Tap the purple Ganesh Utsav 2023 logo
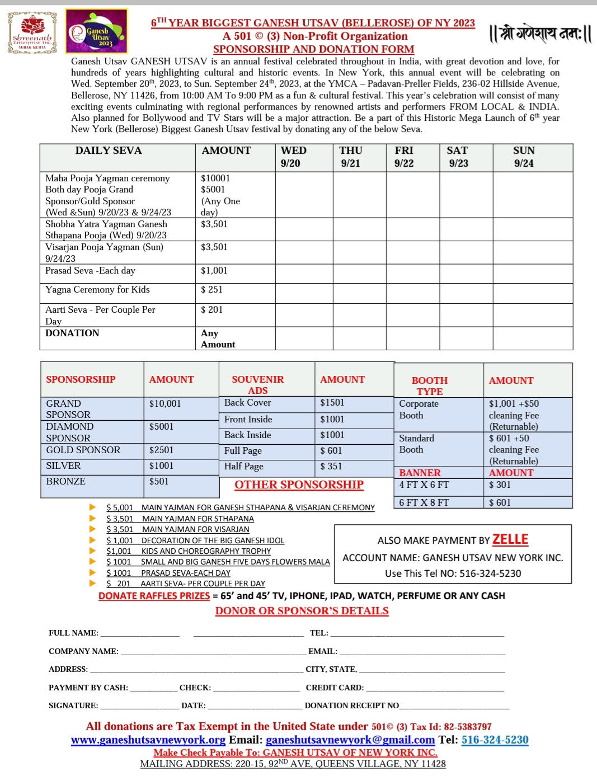click(x=96, y=32)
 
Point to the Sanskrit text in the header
click(x=540, y=34)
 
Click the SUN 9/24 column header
click(x=524, y=157)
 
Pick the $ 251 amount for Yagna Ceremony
click(x=211, y=289)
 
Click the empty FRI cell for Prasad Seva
click(x=413, y=273)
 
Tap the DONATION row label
click(x=72, y=333)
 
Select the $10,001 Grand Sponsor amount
click(x=165, y=403)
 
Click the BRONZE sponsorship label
click(x=66, y=481)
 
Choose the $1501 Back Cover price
click(x=332, y=402)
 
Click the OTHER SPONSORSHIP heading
click(x=299, y=485)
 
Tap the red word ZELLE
click(x=510, y=539)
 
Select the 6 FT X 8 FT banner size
click(x=424, y=502)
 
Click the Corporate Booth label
click(x=419, y=409)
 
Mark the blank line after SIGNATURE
click(x=139, y=706)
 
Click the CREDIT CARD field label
click(x=335, y=688)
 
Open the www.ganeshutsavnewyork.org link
click(x=148, y=740)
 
